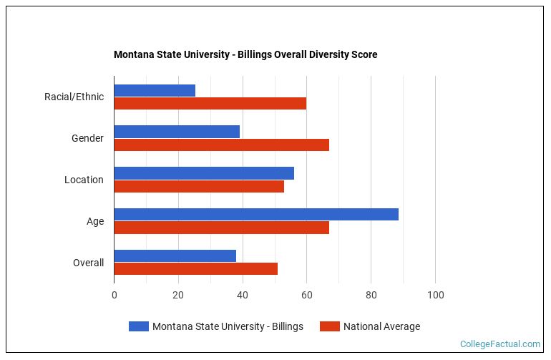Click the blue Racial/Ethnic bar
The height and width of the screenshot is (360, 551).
155,90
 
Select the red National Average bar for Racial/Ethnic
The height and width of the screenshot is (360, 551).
210,103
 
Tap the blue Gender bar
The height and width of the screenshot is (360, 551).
177,132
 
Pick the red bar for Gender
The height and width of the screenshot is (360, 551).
221,145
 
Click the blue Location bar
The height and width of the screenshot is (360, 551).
204,173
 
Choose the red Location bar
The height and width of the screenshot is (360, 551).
199,186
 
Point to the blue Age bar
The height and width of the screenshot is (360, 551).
256,215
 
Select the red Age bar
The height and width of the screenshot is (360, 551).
221,228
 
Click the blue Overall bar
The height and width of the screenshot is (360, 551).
175,256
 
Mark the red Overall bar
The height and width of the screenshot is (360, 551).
195,268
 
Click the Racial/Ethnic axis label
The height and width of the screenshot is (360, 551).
74,97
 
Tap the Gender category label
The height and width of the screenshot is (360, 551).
87,138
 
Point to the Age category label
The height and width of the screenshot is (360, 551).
95,221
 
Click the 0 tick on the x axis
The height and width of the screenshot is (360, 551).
114,295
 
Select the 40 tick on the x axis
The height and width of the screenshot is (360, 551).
243,295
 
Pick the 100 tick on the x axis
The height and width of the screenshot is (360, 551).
435,295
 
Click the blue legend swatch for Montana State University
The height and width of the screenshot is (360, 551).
138,326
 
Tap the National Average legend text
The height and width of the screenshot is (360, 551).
381,326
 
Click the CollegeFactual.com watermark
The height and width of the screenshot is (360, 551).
499,344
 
